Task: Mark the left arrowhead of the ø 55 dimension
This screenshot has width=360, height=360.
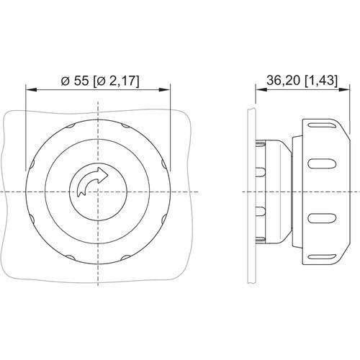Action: [x=30, y=89]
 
